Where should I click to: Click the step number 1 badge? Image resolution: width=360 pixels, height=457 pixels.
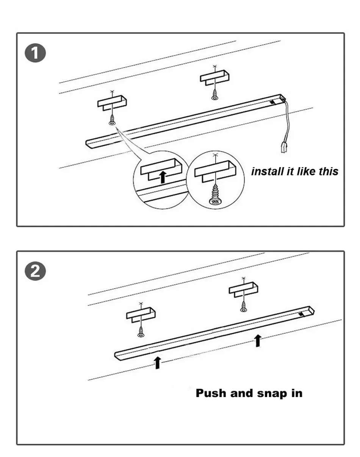coord(35,53)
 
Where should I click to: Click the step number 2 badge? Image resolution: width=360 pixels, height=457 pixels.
coord(35,272)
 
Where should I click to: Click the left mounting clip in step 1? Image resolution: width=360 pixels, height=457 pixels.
coord(112,103)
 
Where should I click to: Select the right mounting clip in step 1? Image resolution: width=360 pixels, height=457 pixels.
coord(215,78)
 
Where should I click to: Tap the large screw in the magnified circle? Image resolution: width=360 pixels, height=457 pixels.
coord(215,195)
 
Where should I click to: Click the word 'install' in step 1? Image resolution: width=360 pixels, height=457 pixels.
coord(268,171)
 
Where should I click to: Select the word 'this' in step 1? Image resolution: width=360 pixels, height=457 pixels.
coord(328,171)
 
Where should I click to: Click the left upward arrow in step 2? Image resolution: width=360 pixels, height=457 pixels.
coord(158,363)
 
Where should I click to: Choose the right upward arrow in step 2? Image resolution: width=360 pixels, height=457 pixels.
coord(258,340)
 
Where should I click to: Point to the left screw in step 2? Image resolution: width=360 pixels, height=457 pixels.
coord(141,333)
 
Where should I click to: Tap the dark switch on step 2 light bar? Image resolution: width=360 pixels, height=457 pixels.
coord(302,314)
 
